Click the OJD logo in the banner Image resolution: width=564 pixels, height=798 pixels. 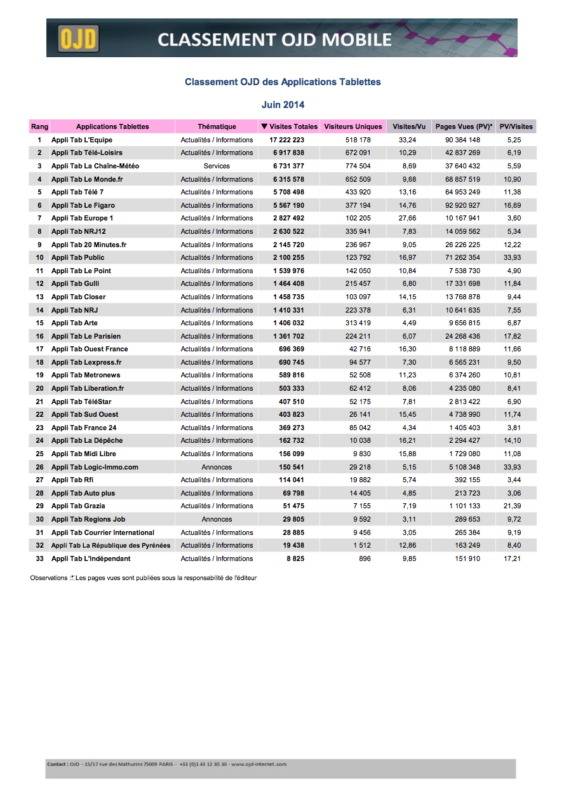[79, 39]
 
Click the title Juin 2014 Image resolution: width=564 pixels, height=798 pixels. [283, 105]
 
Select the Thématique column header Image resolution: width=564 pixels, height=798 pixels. [217, 126]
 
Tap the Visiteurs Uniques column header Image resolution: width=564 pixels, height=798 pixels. [353, 126]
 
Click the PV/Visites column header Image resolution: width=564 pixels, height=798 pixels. [516, 126]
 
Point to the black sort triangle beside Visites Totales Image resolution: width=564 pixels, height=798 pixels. [264, 126]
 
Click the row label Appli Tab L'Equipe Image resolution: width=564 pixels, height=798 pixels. [82, 140]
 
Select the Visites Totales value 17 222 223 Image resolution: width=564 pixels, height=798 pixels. [286, 140]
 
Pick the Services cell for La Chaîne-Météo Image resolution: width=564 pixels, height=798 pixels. [217, 166]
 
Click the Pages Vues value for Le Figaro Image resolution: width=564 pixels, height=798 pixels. [462, 205]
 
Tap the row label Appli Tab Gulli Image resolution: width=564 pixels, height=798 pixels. [75, 283]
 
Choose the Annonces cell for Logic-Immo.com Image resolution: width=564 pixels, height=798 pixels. [217, 467]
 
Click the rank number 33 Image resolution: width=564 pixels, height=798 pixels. [39, 558]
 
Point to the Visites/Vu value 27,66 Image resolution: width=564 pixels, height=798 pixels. [407, 218]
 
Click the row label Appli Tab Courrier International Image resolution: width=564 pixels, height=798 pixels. [103, 532]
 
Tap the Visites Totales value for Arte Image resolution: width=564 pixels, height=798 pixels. [289, 323]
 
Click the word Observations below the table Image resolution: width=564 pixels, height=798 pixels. [48, 578]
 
